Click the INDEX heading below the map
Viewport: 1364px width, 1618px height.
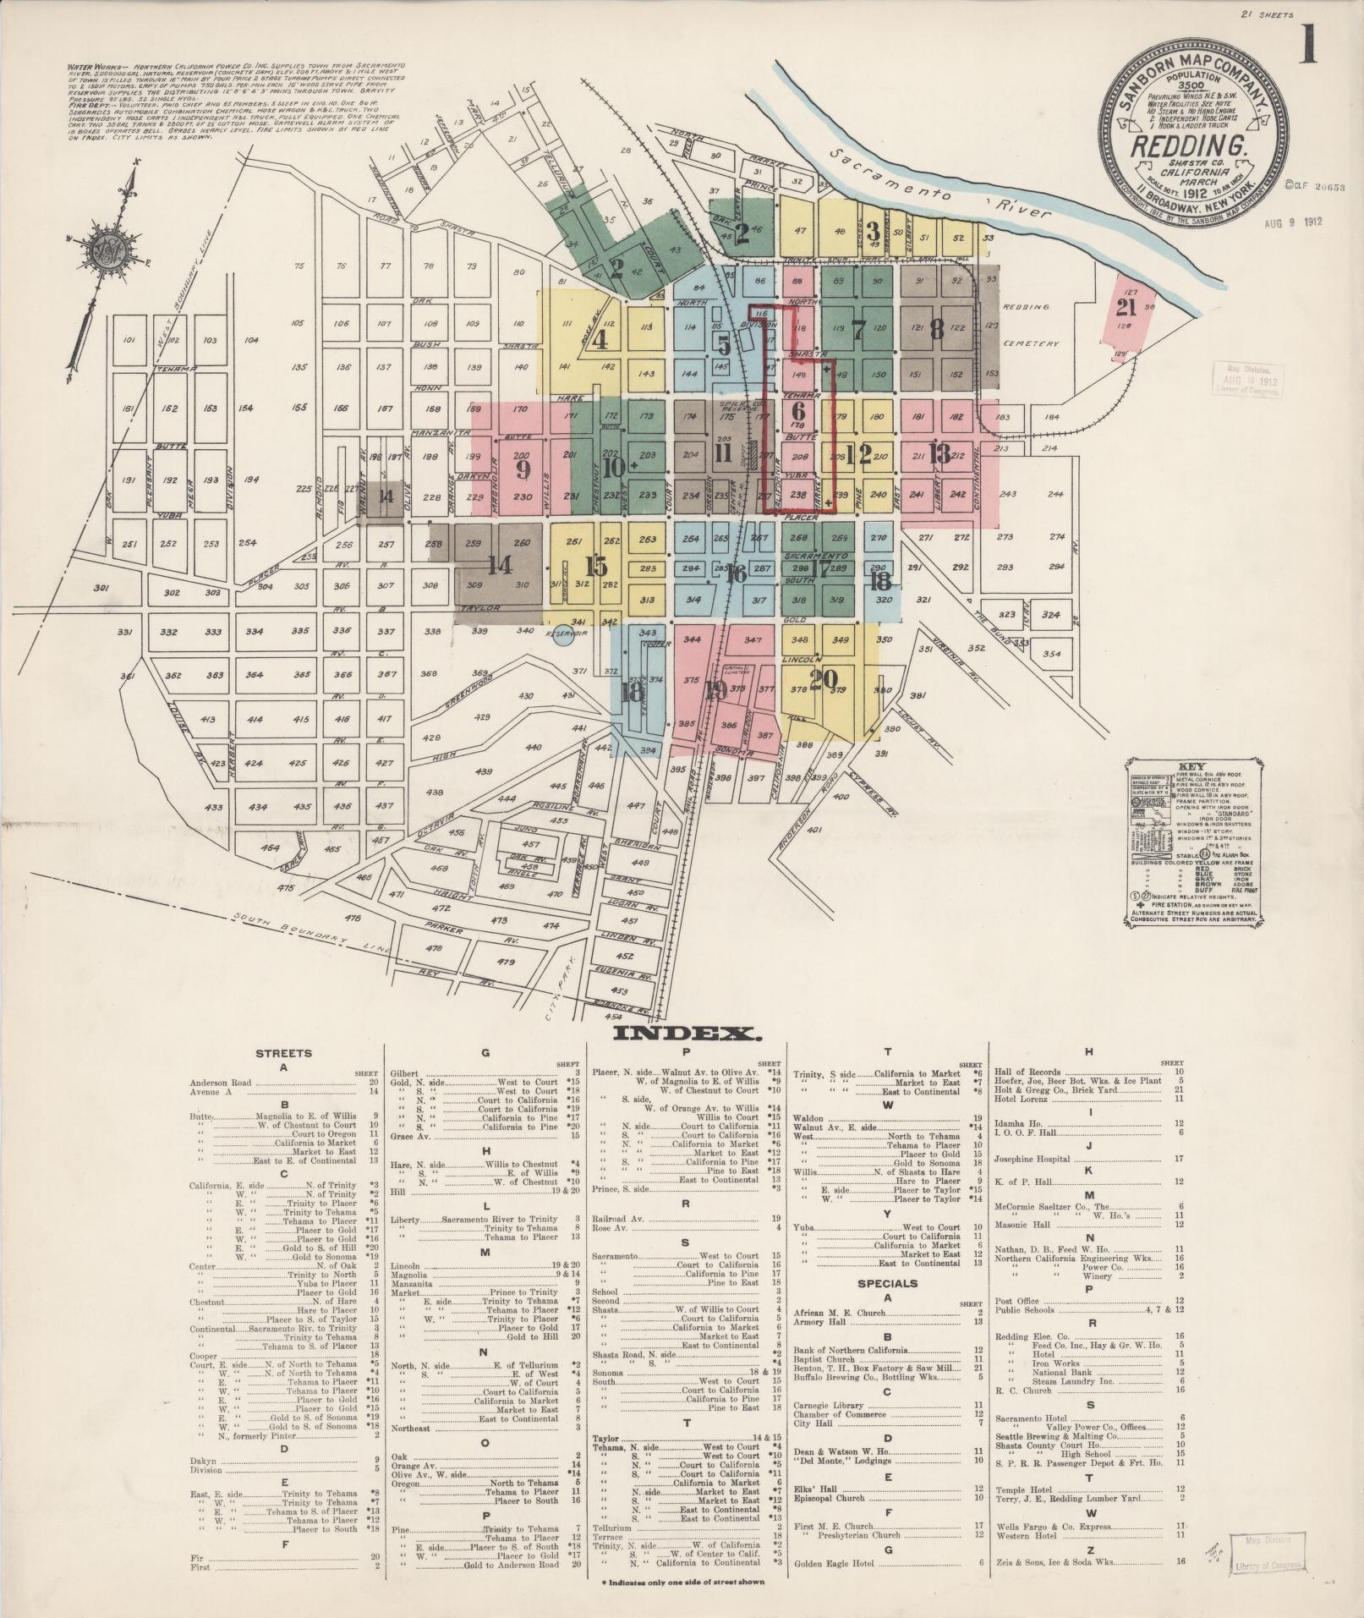[x=682, y=1034]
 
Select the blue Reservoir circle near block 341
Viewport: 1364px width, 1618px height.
[x=560, y=636]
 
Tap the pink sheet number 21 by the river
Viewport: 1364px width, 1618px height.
[x=1126, y=307]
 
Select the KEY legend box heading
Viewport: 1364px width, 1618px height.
[x=1187, y=768]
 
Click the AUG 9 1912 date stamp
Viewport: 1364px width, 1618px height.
[x=1293, y=222]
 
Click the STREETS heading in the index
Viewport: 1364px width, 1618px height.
[x=284, y=1054]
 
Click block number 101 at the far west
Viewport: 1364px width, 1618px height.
[x=129, y=341]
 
